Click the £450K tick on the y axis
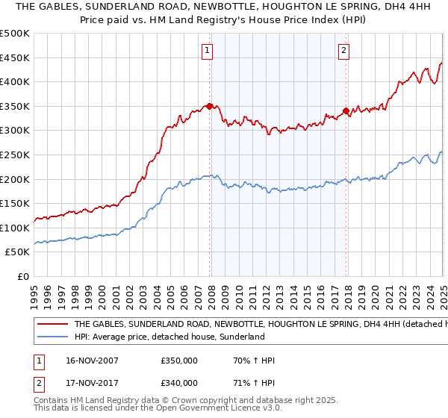coord(15,57)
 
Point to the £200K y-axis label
coord(15,179)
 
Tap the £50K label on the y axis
coord(18,252)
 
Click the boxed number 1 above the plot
coord(206,51)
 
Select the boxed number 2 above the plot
coord(343,51)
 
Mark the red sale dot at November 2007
coord(209,106)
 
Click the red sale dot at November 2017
coord(346,111)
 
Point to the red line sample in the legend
coord(52,325)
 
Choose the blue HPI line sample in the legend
coord(52,337)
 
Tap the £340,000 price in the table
coord(179,385)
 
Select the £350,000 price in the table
coord(179,361)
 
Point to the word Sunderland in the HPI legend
coord(243,337)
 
